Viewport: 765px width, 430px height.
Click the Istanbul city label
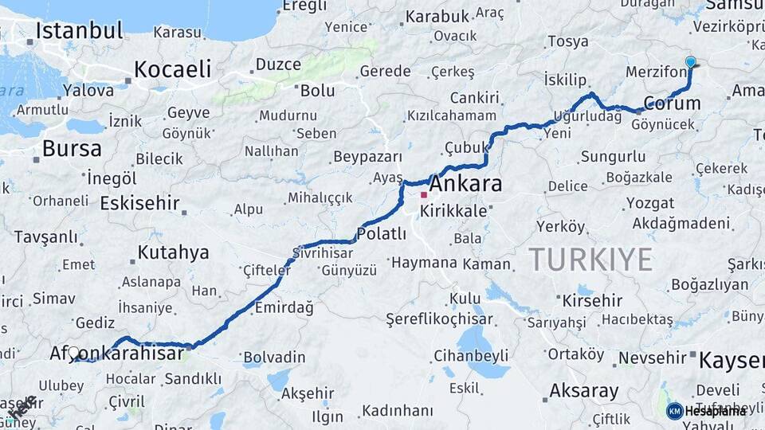(x=80, y=32)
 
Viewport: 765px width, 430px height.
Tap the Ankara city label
(x=468, y=184)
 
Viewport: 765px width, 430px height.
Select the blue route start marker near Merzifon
(x=690, y=62)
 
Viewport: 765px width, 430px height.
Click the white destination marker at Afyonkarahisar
(x=73, y=352)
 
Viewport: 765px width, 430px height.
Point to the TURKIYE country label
(x=590, y=259)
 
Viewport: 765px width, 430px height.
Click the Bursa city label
(x=72, y=148)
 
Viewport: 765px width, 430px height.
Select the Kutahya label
(x=173, y=253)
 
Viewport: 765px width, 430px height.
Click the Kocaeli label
(x=172, y=68)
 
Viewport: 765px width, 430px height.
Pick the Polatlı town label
(x=382, y=234)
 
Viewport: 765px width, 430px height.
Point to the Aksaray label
(x=583, y=391)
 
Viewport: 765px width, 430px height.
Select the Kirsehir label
(x=592, y=301)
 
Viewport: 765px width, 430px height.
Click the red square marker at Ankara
(x=424, y=194)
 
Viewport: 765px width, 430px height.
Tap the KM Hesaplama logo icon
(x=674, y=411)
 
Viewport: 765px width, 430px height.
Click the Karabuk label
(x=437, y=16)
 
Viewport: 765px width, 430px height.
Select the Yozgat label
(x=649, y=203)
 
